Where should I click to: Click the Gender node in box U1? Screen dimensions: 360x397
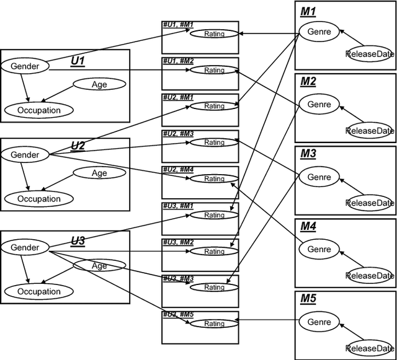point(25,66)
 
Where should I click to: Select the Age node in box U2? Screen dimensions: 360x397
point(99,173)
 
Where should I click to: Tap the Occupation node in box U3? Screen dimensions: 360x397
point(38,291)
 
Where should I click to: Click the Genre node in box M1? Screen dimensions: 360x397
point(319,32)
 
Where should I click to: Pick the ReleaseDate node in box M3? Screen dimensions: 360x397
point(370,203)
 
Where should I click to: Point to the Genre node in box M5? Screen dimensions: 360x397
point(319,322)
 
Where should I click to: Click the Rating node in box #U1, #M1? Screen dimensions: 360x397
point(214,34)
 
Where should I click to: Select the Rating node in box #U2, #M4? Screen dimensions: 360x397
point(214,179)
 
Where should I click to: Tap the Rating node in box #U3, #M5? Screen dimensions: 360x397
point(214,323)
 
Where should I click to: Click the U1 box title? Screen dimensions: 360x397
point(78,61)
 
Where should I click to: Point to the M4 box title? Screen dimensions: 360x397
point(308,227)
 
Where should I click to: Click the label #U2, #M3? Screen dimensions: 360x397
point(178,134)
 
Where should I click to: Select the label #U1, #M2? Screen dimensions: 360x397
point(178,61)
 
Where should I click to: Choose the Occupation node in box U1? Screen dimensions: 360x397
point(38,110)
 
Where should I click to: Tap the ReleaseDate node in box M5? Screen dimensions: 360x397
point(370,348)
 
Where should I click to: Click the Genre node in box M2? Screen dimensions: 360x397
point(319,105)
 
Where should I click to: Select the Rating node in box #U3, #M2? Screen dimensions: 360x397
point(214,252)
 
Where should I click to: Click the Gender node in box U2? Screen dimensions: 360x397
point(25,155)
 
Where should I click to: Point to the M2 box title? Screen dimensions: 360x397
point(308,82)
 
